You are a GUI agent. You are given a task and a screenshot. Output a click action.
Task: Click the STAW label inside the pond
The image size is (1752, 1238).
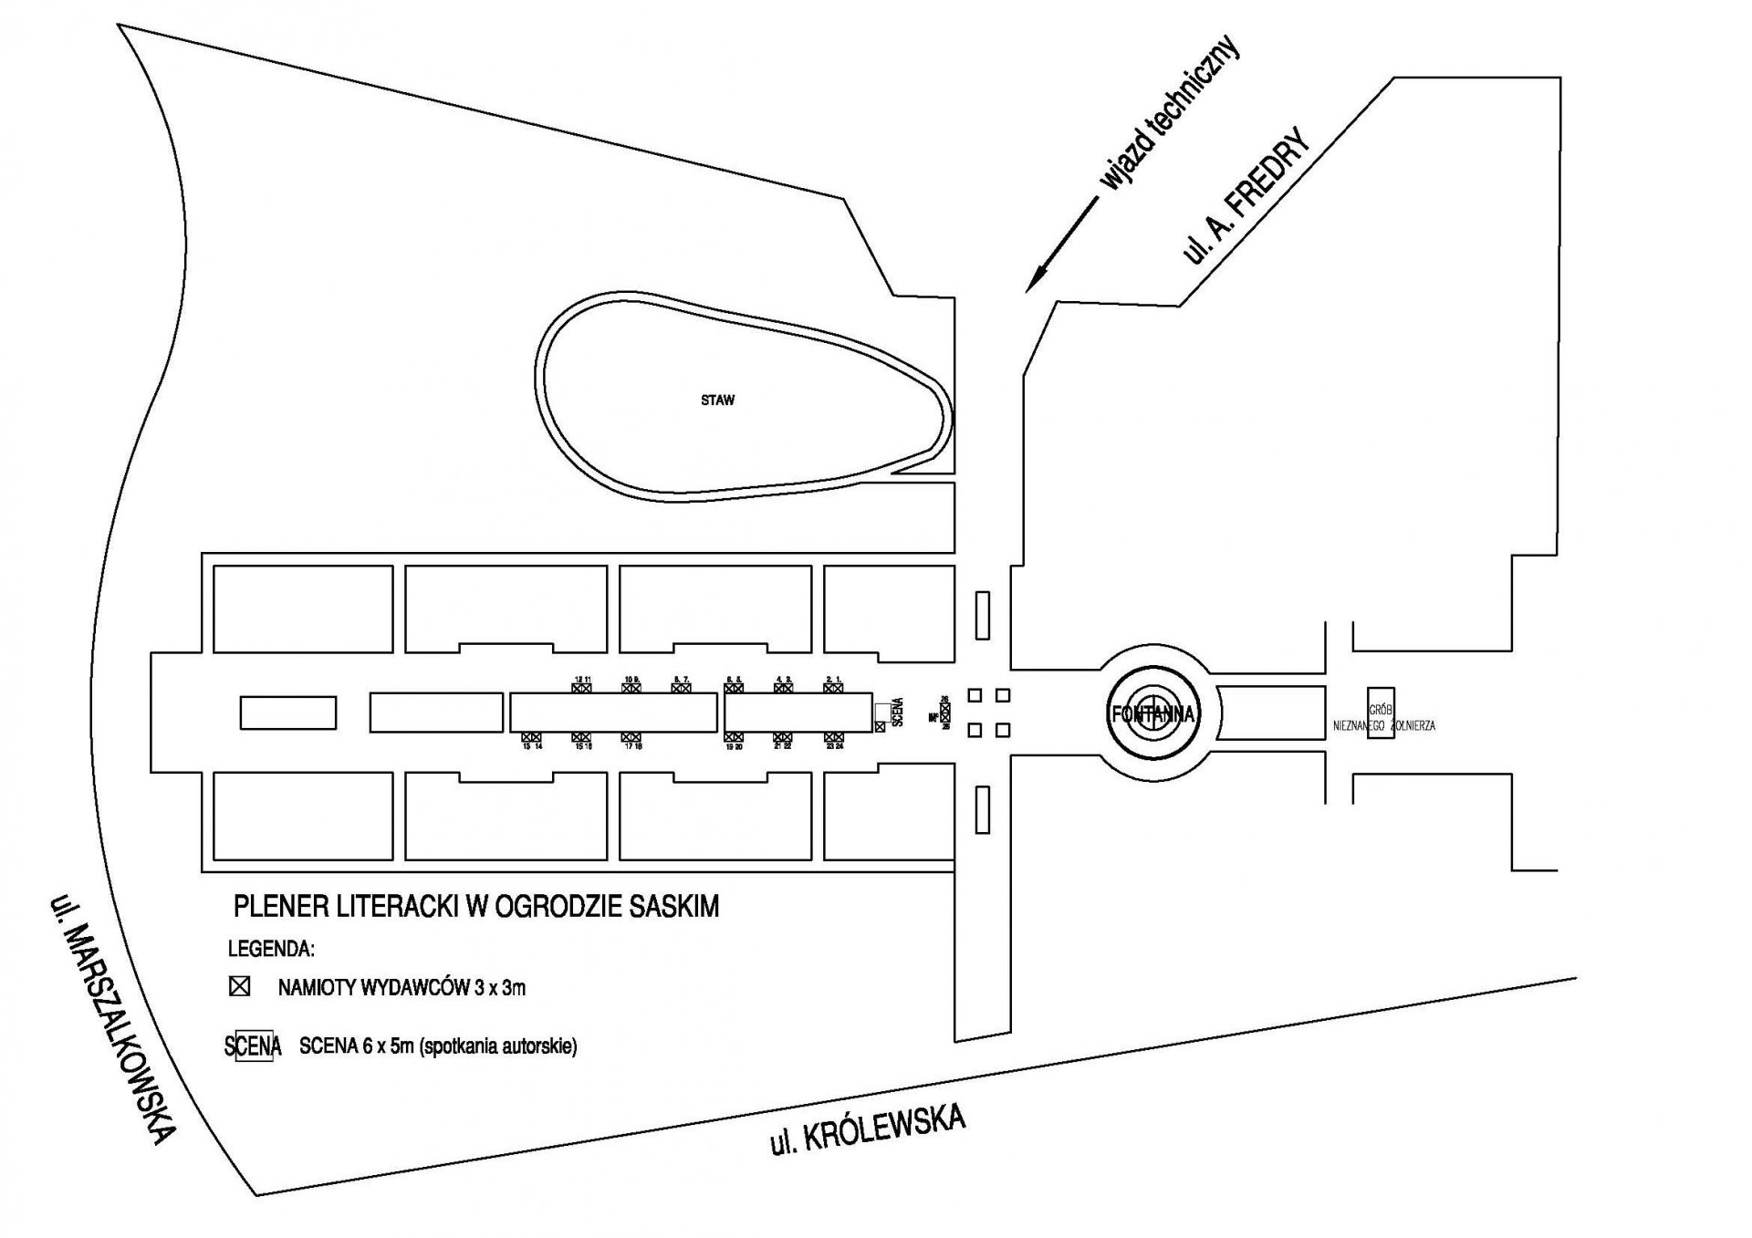click(x=717, y=401)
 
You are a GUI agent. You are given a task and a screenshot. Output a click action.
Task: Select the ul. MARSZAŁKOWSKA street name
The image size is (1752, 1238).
click(x=112, y=1018)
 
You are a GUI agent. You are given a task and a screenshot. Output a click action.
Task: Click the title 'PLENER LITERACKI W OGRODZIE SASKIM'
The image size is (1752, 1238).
click(x=476, y=906)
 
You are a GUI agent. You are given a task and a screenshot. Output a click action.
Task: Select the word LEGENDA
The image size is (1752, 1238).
click(x=271, y=949)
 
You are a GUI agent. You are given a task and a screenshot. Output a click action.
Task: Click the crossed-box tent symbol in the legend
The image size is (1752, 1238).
click(x=240, y=987)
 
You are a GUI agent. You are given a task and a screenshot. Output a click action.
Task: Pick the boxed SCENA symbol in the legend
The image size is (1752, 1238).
click(x=253, y=1046)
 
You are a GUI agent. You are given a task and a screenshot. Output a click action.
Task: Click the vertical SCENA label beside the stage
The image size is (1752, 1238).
click(x=898, y=711)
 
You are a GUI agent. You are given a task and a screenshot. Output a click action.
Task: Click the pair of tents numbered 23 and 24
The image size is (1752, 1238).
click(x=832, y=737)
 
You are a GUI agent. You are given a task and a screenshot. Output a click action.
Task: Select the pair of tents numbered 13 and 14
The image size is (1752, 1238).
click(x=532, y=737)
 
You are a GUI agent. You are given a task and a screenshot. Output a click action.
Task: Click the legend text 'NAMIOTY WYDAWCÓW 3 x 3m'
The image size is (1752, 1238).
click(x=401, y=987)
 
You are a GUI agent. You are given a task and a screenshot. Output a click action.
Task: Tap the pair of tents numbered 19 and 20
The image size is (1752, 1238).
click(x=734, y=737)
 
